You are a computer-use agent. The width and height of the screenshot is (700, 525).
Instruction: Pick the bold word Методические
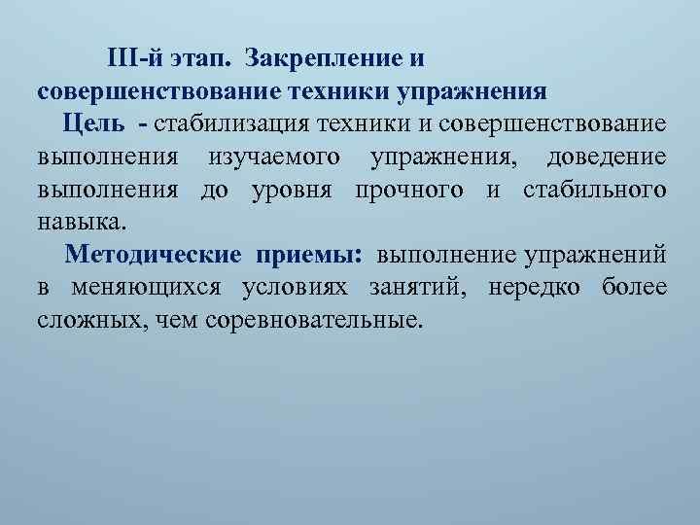(153, 255)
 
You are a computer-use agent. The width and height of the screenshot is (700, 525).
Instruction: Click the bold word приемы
(309, 255)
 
